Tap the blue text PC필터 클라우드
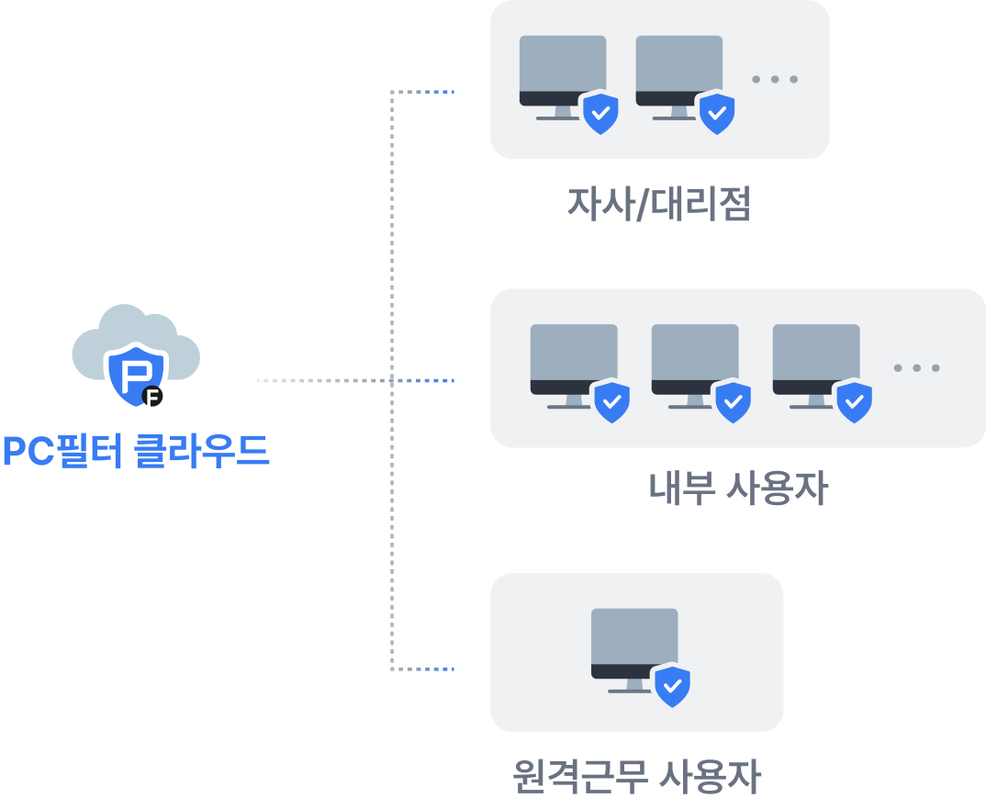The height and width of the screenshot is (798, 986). (136, 451)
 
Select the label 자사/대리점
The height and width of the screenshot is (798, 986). (659, 204)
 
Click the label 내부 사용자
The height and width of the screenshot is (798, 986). (737, 489)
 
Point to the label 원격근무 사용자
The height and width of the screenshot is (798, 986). (637, 776)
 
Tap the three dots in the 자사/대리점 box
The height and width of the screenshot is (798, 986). (775, 80)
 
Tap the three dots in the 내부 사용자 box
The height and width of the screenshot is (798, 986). (916, 368)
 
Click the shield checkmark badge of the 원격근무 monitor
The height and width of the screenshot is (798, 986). (672, 685)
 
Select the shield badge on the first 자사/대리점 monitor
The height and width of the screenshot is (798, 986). (600, 114)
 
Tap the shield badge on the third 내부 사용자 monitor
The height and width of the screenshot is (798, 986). (854, 401)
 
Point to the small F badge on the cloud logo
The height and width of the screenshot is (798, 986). (154, 398)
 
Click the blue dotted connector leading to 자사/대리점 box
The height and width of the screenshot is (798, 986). (431, 92)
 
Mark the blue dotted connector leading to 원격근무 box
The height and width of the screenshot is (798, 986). (431, 669)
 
